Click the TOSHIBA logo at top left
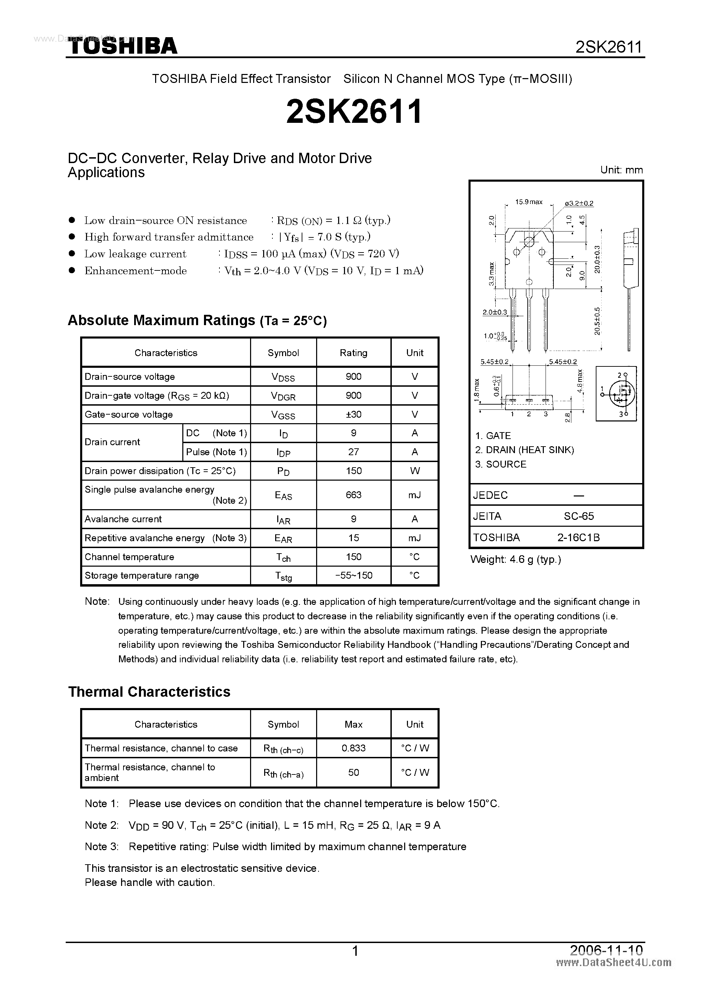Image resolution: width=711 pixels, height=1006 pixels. [123, 46]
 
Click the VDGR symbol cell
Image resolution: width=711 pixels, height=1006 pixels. [283, 396]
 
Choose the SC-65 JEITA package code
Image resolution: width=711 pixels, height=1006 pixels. [579, 516]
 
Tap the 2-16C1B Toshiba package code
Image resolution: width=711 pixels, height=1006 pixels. [578, 537]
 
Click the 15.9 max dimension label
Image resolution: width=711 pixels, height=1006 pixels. [528, 202]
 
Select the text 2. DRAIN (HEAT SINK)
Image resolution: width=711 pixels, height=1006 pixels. [524, 450]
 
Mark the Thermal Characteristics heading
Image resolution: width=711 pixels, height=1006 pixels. [149, 692]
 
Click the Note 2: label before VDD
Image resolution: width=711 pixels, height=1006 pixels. [101, 825]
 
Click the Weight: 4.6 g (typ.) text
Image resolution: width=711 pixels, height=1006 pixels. [516, 559]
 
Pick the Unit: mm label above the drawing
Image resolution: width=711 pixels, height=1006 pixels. [621, 170]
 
